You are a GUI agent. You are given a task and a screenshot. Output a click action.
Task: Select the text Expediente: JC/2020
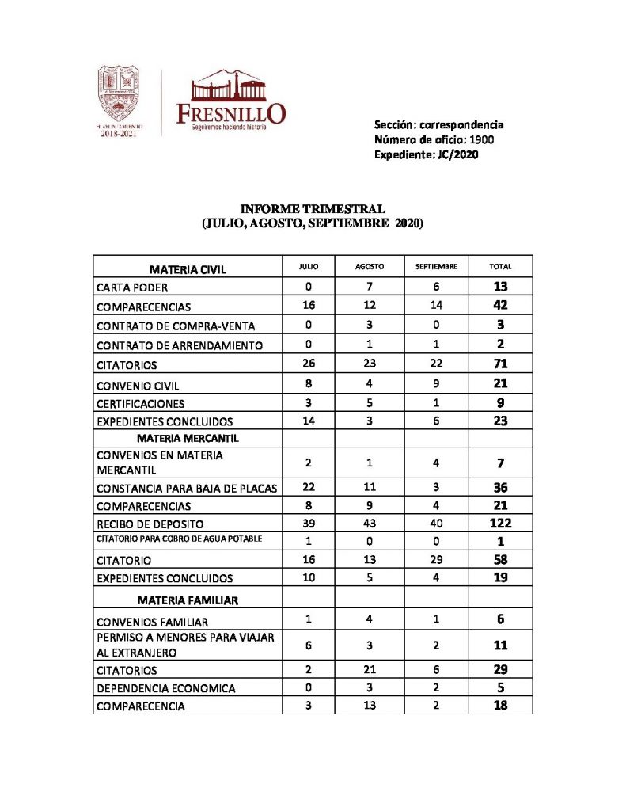(x=426, y=154)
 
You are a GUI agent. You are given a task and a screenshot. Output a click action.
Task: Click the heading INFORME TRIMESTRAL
(x=313, y=209)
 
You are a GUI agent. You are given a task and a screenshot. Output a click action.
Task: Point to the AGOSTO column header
(x=370, y=268)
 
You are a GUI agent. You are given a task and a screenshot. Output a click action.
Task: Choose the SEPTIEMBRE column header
(x=436, y=268)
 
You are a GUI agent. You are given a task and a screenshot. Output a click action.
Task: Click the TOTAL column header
(x=500, y=268)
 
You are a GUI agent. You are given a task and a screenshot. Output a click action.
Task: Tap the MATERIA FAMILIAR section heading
(x=187, y=600)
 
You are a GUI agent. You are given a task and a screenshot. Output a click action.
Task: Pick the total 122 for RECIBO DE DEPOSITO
(x=500, y=524)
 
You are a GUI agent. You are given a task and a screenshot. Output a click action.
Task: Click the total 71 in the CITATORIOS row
(x=500, y=364)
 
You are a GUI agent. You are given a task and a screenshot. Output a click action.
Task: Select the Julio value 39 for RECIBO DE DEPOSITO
(x=309, y=524)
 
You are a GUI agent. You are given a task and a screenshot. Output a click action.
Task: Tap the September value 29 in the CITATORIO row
(x=436, y=559)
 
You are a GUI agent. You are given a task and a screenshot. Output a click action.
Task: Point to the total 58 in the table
(x=500, y=559)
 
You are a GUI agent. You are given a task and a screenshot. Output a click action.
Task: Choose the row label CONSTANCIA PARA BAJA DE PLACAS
(x=186, y=489)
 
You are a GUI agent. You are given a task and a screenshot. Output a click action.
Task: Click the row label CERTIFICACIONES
(x=141, y=403)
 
